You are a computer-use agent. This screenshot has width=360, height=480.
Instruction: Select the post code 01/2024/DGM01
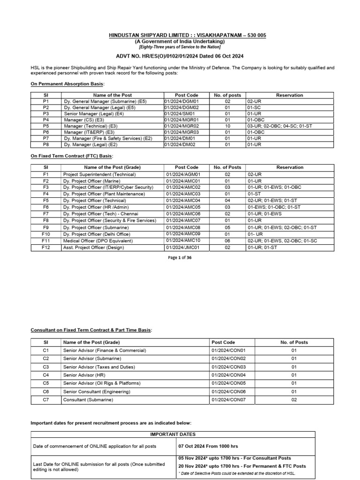[x=181, y=101]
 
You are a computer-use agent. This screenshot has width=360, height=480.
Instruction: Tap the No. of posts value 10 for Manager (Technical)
[x=227, y=126]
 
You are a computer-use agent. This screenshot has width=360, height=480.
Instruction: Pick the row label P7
[x=46, y=138]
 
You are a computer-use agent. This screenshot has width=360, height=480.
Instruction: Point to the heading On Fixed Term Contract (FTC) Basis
[x=72, y=156]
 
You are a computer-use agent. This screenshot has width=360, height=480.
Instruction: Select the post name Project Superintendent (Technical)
[x=99, y=174]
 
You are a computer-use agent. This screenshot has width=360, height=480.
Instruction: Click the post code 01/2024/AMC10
[x=183, y=240]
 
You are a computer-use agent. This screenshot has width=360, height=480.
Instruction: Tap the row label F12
[x=46, y=247]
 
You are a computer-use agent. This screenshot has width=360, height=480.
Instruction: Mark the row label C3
[x=46, y=367]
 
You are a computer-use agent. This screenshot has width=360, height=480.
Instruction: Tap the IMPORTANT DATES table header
[x=173, y=434]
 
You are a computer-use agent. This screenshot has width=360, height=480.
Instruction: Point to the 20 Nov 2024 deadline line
[x=242, y=466]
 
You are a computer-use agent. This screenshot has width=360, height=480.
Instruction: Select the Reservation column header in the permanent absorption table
[x=289, y=95]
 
